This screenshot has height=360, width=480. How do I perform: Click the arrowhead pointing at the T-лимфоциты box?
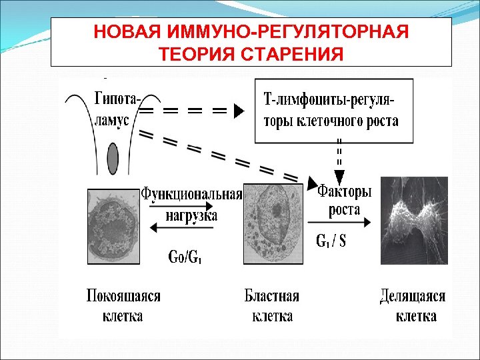239,111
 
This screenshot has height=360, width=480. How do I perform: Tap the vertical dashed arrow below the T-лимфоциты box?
339,160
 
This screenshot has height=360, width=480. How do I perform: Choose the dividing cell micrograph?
413,221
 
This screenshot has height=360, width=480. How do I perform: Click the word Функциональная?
191,194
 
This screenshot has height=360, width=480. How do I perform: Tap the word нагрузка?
191,215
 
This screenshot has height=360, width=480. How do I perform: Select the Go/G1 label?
183,256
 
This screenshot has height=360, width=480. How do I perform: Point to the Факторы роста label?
344,199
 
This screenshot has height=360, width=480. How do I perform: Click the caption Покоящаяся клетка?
123,305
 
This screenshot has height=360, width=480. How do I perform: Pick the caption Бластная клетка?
272,305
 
